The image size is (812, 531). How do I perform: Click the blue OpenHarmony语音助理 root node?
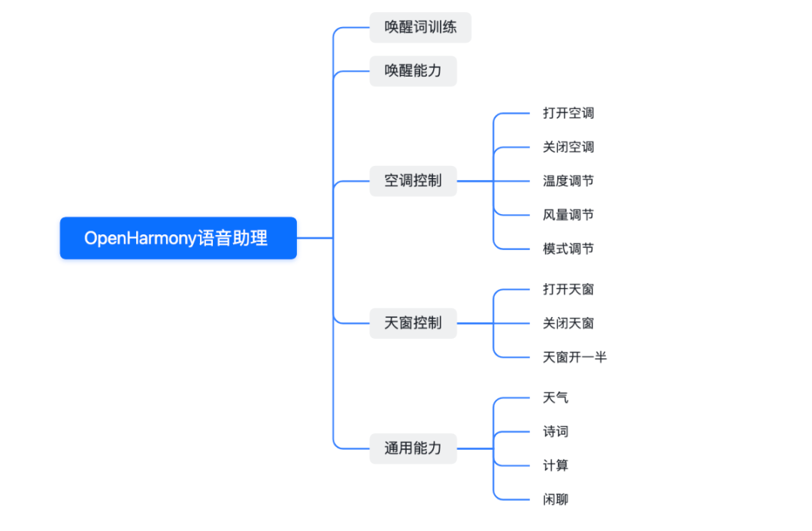point(178,238)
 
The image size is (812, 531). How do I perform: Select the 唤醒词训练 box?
point(420,28)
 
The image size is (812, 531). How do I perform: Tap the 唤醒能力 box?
point(413,71)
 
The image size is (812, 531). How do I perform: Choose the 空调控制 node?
point(413,181)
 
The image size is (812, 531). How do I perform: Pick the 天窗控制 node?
point(413,324)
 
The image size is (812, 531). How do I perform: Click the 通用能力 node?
point(413,448)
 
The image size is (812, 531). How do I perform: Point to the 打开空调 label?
point(568,113)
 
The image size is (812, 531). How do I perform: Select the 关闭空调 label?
point(568,147)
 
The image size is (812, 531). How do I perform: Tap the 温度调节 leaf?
point(568,181)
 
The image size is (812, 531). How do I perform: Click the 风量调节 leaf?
point(568,215)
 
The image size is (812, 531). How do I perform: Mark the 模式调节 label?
point(568,249)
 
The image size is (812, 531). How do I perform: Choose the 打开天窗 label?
point(568,289)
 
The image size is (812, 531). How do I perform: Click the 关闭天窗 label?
point(568,324)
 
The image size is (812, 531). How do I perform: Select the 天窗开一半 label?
point(574,358)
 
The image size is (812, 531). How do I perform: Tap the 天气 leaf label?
point(556,397)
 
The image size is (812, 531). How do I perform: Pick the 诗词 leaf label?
point(556,432)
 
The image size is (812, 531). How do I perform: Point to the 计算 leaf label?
point(556,466)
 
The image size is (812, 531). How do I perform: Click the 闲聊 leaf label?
point(556,499)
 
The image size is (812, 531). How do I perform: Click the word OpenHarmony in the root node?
point(140,238)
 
